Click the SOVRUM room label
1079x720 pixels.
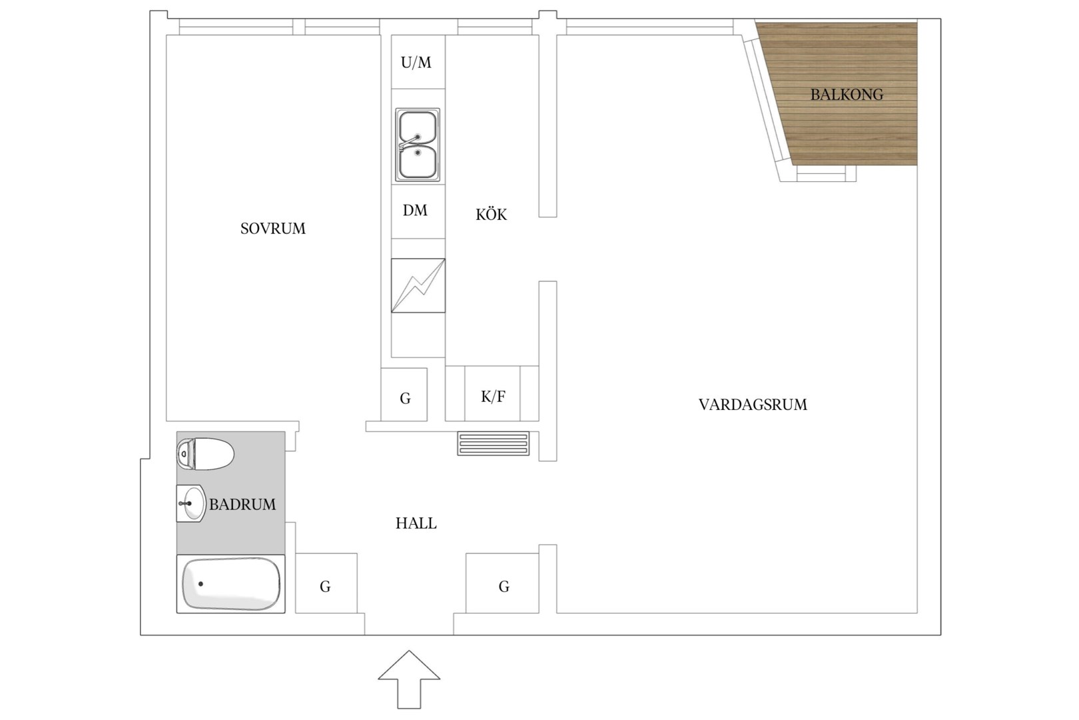(x=272, y=228)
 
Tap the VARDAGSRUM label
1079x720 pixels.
(x=753, y=404)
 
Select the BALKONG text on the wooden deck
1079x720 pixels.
(x=847, y=95)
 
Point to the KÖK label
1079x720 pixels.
(x=491, y=214)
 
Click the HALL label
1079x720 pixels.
(x=416, y=523)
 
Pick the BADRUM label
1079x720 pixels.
(x=242, y=505)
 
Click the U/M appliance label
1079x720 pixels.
(x=416, y=63)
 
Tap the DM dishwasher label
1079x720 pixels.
(x=415, y=210)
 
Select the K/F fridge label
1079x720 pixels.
(x=493, y=397)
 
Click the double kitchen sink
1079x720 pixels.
(x=418, y=145)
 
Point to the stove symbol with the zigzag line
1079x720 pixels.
(x=418, y=285)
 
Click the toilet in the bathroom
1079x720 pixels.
(x=205, y=453)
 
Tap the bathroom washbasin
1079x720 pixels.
(x=191, y=503)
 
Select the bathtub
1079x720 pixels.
(x=230, y=584)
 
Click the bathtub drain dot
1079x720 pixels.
(x=201, y=584)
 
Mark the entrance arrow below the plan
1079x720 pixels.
(x=409, y=679)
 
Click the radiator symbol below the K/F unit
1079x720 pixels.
(x=494, y=444)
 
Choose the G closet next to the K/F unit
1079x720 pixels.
(x=404, y=395)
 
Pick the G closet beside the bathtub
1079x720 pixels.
(x=326, y=583)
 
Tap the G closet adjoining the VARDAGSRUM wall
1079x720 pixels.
(x=502, y=583)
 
